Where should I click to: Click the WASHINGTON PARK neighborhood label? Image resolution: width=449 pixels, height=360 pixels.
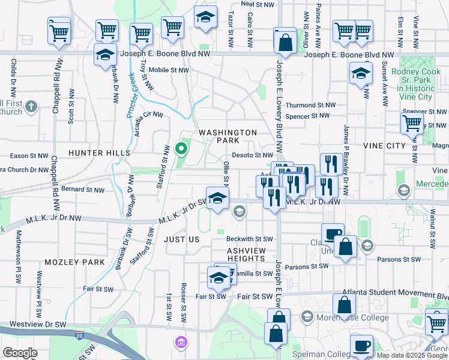(228, 136)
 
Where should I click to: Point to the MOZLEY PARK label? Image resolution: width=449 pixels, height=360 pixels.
(74, 262)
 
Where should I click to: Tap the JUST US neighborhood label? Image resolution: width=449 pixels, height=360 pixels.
(181, 239)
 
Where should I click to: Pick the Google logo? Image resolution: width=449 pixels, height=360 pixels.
(20, 353)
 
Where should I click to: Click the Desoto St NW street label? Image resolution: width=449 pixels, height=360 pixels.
(253, 155)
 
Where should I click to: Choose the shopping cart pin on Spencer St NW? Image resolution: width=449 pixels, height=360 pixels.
(412, 124)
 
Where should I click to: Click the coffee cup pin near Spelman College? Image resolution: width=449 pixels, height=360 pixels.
(361, 346)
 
